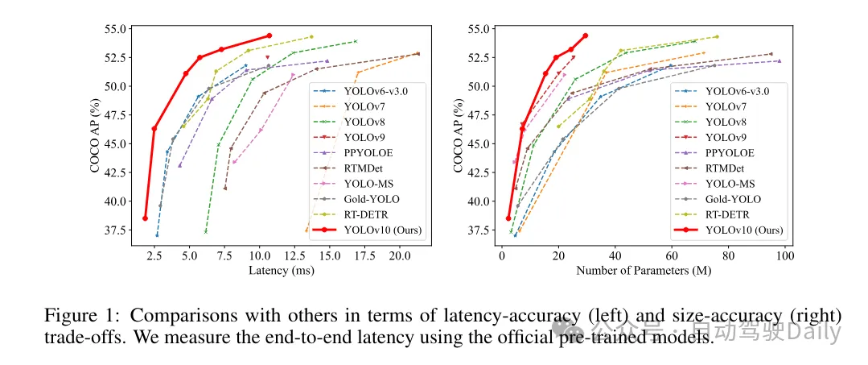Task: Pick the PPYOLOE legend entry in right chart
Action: (730, 152)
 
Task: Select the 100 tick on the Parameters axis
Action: (785, 255)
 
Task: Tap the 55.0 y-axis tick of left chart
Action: (113, 29)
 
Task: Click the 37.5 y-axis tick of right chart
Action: (475, 230)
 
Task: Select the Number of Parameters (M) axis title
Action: (644, 271)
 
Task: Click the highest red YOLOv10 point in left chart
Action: (269, 35)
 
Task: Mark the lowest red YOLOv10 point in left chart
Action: (146, 218)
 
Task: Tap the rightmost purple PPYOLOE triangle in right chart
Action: (780, 61)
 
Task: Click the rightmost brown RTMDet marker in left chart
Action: (418, 54)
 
